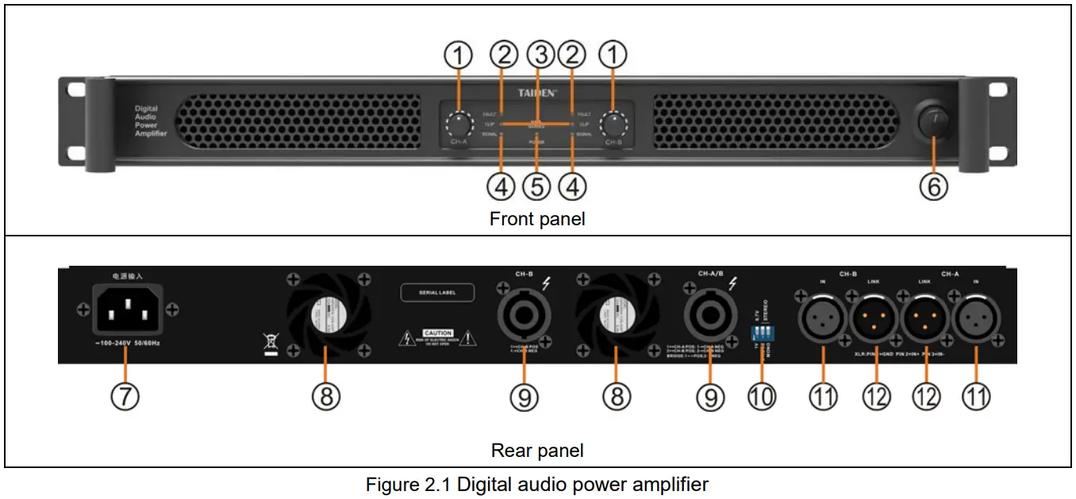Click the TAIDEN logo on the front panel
point(537,93)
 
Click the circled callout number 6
point(934,187)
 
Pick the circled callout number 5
point(537,187)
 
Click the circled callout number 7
point(124,397)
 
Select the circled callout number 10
point(761,397)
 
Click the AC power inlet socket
point(129,309)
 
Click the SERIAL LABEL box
point(437,293)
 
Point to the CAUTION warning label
point(437,333)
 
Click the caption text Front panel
point(537,219)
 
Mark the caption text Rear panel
point(537,451)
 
